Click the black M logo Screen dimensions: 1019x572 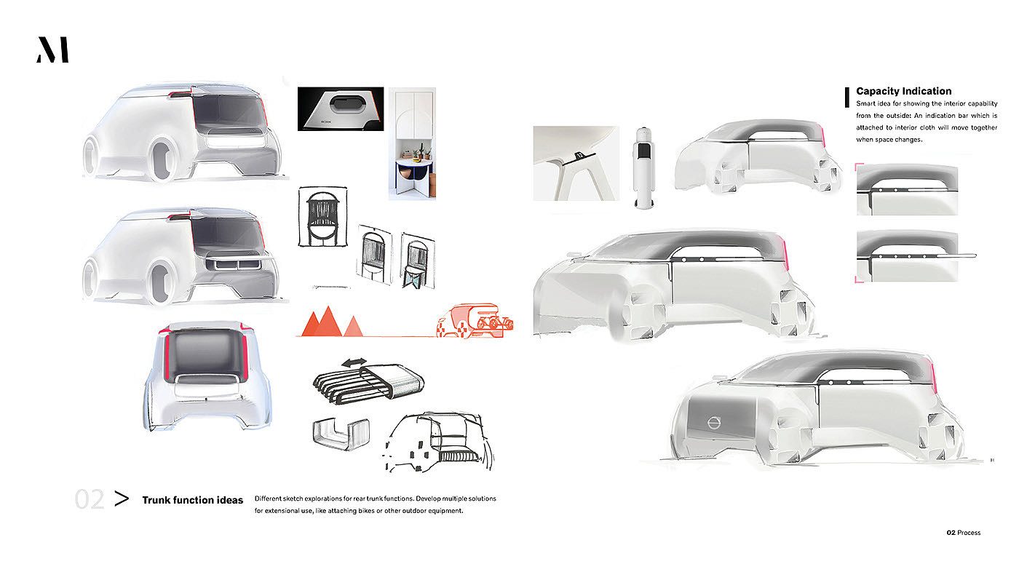(52, 50)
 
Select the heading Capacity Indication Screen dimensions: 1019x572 (903, 91)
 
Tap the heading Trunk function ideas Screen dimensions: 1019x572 (192, 500)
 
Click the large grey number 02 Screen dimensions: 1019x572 (90, 500)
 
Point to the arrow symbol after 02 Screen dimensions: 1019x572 (122, 499)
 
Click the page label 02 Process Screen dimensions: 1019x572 (963, 533)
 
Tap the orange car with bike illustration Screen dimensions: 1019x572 (475, 321)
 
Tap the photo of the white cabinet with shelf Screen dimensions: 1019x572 (412, 143)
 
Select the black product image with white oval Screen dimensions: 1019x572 (340, 109)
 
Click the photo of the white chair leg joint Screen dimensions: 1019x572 (576, 163)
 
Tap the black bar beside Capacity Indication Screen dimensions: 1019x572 (847, 97)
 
